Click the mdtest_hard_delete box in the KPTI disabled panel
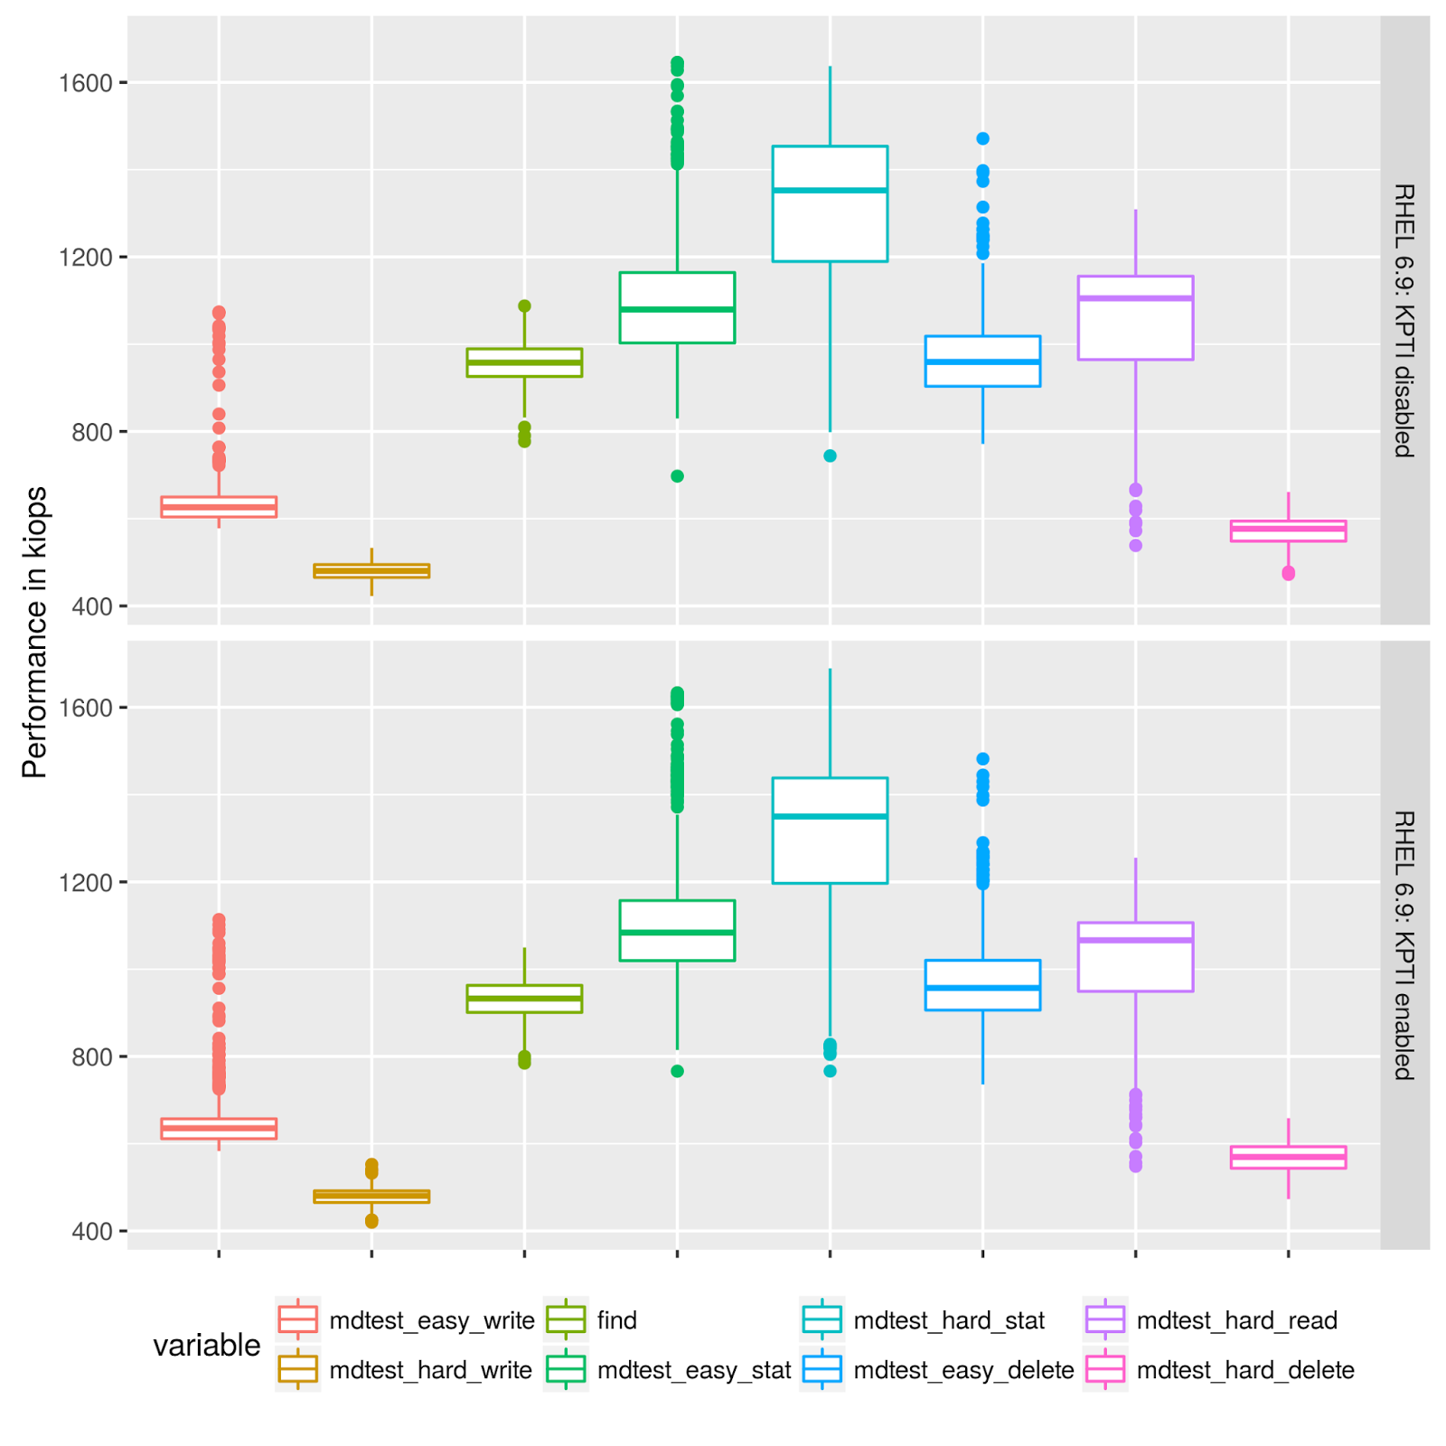click(1288, 531)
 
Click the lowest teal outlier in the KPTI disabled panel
click(830, 455)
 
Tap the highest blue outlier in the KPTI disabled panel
click(982, 138)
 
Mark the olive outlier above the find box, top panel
click(524, 305)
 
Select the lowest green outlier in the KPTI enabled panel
click(677, 1071)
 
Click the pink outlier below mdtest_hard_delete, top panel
click(1288, 573)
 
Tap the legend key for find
click(566, 1320)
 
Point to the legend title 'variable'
click(206, 1346)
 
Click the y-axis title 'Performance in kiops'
click(34, 633)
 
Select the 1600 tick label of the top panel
click(86, 83)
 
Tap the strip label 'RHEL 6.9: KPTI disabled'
click(1404, 320)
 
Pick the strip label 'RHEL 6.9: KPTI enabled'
click(1404, 945)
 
